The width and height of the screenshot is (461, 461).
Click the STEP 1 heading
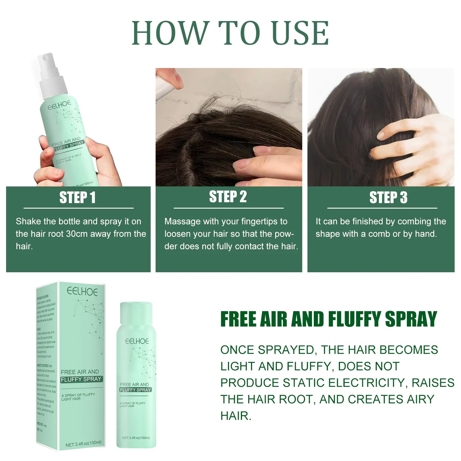point(77,198)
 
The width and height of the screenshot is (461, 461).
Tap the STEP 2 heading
point(228,197)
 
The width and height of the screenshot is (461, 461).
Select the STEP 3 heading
point(388,198)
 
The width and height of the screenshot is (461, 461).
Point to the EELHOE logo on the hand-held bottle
point(59,105)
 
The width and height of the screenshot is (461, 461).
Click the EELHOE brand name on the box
point(82,292)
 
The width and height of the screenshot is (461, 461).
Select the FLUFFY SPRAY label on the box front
point(81,379)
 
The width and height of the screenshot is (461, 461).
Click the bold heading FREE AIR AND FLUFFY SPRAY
point(328,319)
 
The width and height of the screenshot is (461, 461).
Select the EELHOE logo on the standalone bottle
point(137,341)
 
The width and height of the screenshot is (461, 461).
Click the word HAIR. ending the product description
point(236,416)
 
